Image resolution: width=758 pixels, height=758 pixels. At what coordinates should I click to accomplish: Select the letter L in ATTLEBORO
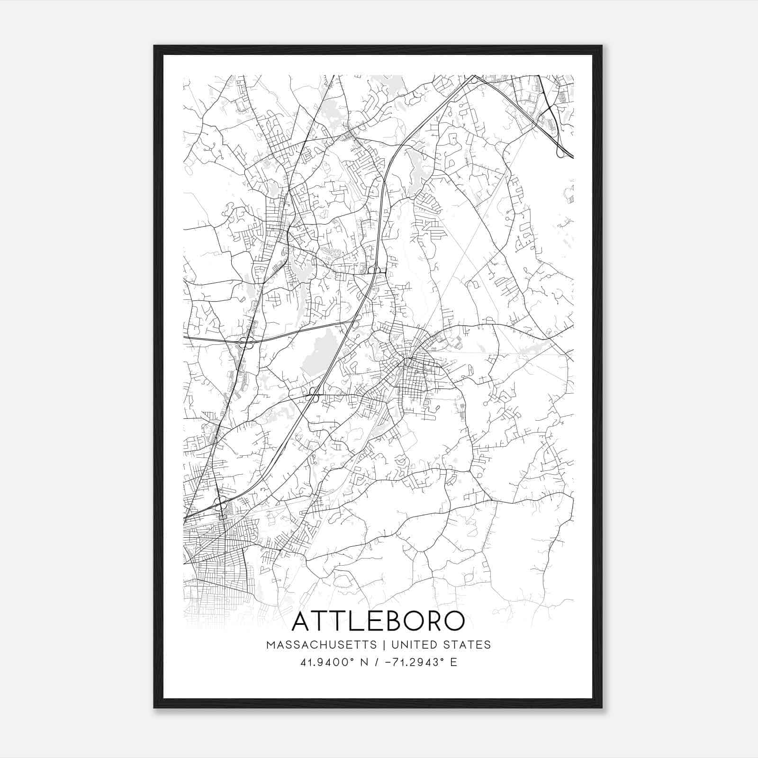click(353, 622)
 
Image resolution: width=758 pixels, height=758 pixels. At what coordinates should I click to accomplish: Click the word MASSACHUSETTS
click(322, 645)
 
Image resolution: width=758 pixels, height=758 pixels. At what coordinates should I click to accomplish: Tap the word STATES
click(467, 645)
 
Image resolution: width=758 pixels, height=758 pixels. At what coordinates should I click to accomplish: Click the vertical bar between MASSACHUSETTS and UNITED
click(382, 645)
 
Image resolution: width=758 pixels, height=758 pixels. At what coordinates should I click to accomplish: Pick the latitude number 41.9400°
click(327, 662)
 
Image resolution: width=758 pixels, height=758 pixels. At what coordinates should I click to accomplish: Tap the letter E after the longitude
click(454, 662)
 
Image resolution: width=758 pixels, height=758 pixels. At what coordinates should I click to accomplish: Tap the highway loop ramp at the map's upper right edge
click(561, 152)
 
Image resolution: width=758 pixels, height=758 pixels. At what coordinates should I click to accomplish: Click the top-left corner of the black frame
click(155, 46)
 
